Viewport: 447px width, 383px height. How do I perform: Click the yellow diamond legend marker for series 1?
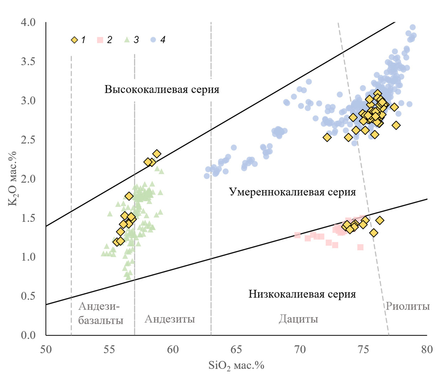[x=74, y=40]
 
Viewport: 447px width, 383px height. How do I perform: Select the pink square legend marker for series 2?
[x=101, y=40]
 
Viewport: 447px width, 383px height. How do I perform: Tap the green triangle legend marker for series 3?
[x=127, y=40]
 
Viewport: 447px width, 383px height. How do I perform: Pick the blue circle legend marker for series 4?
[x=153, y=40]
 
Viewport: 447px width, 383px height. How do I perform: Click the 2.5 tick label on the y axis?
[x=34, y=140]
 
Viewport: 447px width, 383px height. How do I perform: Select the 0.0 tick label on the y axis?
[x=34, y=335]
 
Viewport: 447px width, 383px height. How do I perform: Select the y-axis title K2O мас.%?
[x=12, y=178]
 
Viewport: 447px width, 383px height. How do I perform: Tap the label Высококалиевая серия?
[x=162, y=90]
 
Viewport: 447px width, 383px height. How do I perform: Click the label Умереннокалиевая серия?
[x=293, y=192]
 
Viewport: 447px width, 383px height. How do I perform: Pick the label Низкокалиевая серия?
[x=302, y=294]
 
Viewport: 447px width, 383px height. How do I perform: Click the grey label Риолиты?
[x=408, y=306]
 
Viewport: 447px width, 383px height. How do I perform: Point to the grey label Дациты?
[x=298, y=319]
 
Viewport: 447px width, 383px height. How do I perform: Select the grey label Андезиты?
[x=170, y=319]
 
